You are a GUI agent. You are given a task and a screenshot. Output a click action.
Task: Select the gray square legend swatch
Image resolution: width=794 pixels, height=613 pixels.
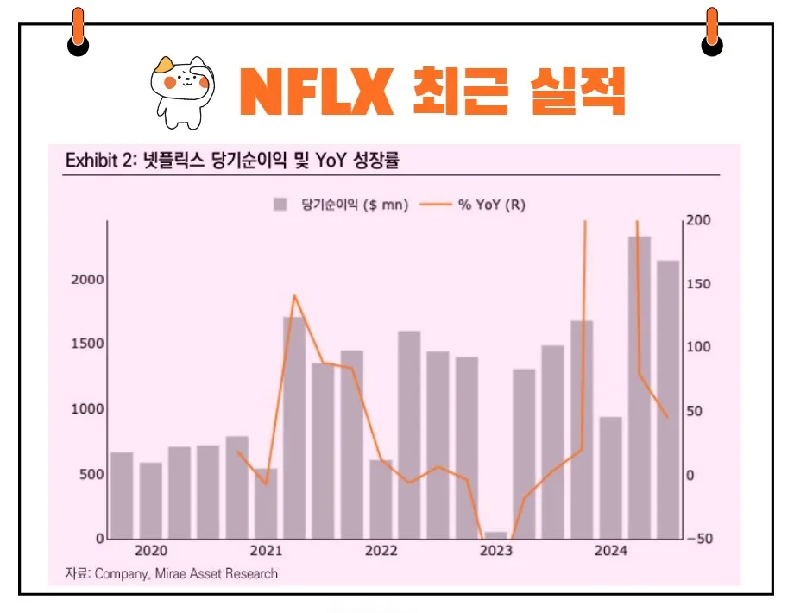tap(280, 205)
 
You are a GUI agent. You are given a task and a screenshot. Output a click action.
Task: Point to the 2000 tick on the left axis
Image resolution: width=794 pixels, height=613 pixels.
tap(86, 280)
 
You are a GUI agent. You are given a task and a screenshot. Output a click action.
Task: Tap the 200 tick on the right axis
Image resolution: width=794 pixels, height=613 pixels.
tap(699, 220)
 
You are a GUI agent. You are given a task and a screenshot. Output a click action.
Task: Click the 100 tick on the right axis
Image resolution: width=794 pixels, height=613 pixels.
tap(699, 347)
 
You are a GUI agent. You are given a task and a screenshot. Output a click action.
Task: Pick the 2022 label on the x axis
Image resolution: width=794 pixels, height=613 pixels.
tap(381, 552)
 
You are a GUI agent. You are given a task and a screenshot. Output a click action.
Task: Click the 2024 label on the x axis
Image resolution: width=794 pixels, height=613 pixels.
tap(611, 552)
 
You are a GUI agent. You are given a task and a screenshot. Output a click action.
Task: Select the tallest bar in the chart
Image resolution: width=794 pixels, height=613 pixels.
tap(640, 388)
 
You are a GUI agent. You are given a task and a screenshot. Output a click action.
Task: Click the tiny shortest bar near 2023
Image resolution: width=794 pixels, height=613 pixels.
tap(495, 535)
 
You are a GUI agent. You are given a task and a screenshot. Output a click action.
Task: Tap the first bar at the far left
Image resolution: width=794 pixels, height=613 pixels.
tap(122, 496)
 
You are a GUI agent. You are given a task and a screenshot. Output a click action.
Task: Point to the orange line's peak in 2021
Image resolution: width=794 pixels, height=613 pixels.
tap(294, 296)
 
